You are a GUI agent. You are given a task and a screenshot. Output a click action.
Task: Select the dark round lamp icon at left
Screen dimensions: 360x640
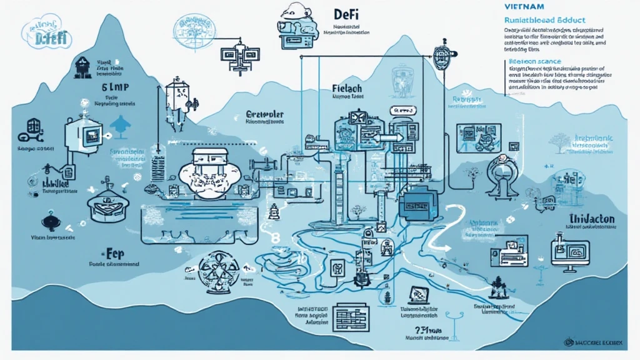[49, 221]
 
